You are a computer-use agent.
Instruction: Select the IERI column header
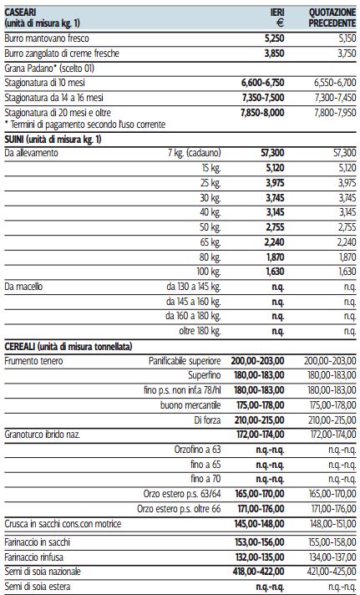click(x=277, y=13)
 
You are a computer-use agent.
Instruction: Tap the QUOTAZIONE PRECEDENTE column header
click(x=332, y=18)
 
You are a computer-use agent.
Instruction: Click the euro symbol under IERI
click(x=280, y=23)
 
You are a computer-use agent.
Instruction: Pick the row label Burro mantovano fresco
click(x=47, y=38)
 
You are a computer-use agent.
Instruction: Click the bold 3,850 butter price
click(x=274, y=53)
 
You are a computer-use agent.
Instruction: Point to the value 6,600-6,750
click(x=262, y=83)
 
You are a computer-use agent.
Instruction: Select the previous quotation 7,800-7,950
click(x=335, y=113)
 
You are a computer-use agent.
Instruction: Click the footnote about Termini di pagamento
click(x=85, y=125)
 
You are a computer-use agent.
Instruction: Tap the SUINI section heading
click(x=53, y=140)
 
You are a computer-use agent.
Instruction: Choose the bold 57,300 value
click(x=272, y=153)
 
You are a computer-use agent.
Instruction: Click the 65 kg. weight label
click(x=210, y=242)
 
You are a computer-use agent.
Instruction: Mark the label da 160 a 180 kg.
click(x=193, y=316)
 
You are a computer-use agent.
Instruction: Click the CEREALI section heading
click(x=68, y=347)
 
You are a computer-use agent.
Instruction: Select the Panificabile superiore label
click(x=185, y=361)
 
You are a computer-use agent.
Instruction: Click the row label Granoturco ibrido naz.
click(x=42, y=435)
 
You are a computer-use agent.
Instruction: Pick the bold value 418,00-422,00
click(x=258, y=572)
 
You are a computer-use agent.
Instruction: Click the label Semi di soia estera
click(x=38, y=587)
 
